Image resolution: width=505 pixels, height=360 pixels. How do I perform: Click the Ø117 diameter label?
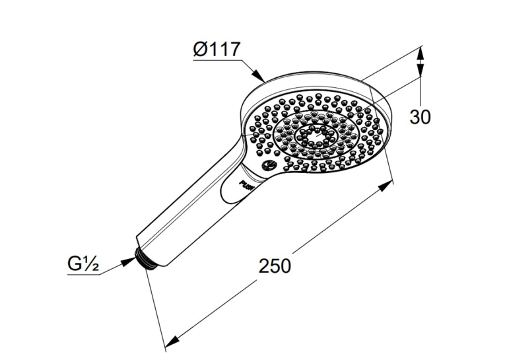[x=217, y=50]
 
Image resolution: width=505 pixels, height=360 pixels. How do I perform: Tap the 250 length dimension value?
[x=275, y=266]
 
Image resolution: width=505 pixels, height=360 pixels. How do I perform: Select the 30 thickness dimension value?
[x=420, y=117]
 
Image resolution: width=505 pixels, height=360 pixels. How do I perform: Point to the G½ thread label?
[x=83, y=264]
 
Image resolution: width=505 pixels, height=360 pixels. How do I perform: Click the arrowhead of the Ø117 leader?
[x=258, y=75]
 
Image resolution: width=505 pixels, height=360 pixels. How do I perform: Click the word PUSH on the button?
[x=248, y=185]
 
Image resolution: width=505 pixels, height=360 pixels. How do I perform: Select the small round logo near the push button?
[x=268, y=165]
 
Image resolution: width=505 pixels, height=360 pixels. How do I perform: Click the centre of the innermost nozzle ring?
[x=316, y=134]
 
